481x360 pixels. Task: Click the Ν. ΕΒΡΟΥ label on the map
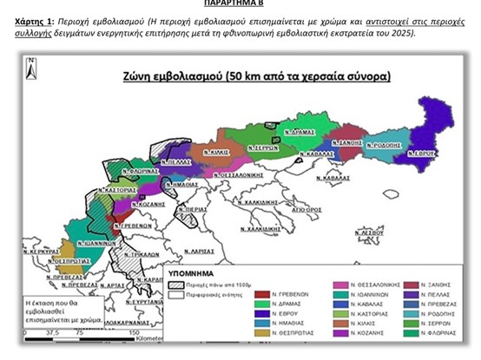[x=422, y=153]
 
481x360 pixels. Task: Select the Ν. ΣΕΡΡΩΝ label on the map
[x=263, y=148]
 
